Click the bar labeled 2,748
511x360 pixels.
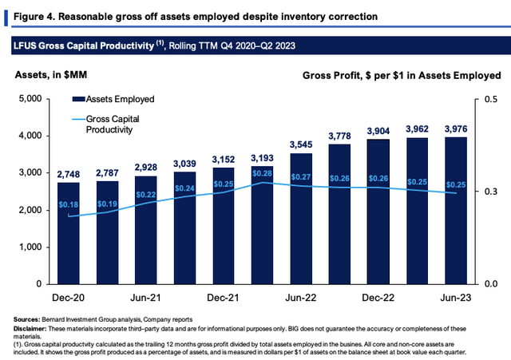[x=69, y=233]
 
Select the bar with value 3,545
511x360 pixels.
[x=301, y=219]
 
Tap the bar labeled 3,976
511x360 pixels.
[x=456, y=211]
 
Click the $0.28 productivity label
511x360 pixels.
[x=263, y=173]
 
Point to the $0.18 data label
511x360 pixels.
[x=69, y=204]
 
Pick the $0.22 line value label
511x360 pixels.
[x=146, y=195]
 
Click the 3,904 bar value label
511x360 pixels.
[x=378, y=131]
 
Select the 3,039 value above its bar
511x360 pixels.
[x=184, y=164]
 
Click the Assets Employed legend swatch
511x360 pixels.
[x=78, y=99]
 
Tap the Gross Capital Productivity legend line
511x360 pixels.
[x=78, y=119]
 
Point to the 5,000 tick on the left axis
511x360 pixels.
[x=30, y=98]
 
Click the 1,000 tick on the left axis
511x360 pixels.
[x=30, y=247]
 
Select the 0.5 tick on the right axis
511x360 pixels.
[x=491, y=99]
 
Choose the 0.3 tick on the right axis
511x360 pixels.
[x=491, y=192]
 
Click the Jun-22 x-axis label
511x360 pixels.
[x=301, y=298]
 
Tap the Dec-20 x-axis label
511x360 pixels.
[x=69, y=298]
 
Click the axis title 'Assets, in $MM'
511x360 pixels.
[x=51, y=75]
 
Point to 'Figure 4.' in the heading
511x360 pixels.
[x=34, y=17]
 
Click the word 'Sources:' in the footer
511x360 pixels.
[x=26, y=319]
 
